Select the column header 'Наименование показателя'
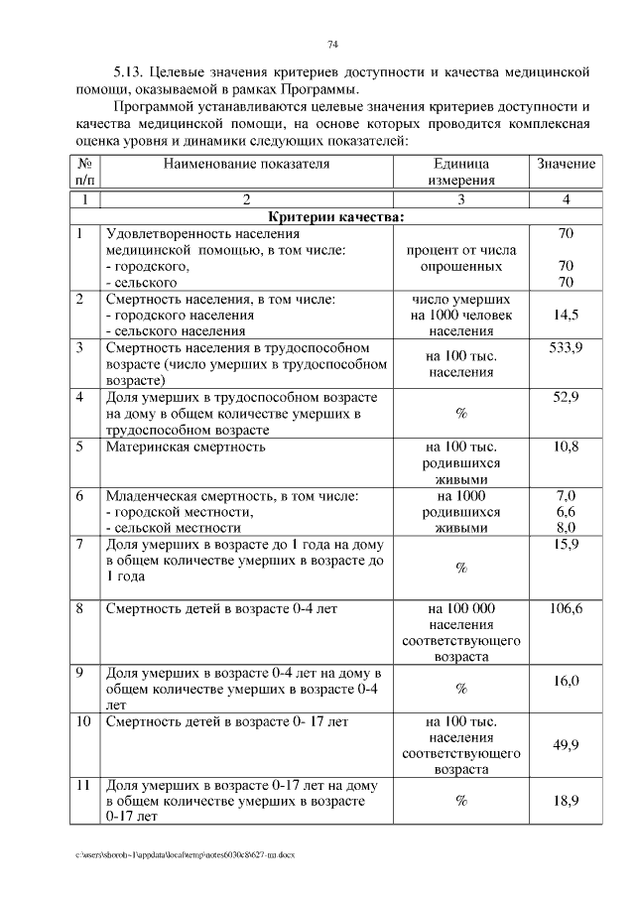[x=246, y=163]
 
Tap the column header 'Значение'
[x=566, y=163]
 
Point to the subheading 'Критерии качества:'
[x=336, y=217]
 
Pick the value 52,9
[x=566, y=397]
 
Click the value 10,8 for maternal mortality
[x=566, y=447]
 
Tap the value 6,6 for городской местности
[x=566, y=512]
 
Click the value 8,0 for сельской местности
[x=566, y=528]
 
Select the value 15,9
[x=566, y=545]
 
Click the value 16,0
[x=566, y=681]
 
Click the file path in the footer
[x=185, y=853]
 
